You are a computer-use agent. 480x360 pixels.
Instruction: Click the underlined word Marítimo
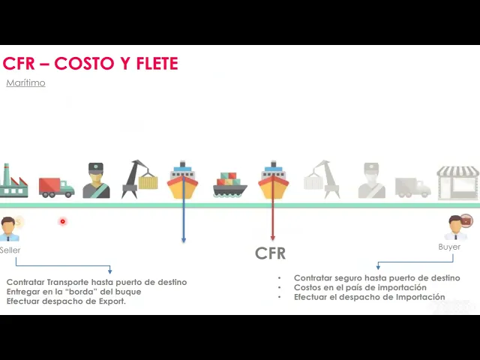(25, 83)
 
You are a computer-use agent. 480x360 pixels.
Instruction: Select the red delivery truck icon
(56, 187)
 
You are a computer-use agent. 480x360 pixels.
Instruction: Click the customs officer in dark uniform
(96, 181)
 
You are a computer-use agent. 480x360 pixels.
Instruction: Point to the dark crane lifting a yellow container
(140, 179)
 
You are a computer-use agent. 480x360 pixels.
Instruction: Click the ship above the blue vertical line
(183, 181)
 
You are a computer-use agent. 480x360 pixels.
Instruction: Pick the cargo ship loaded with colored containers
(229, 184)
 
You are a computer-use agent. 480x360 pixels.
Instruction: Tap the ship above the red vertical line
(273, 181)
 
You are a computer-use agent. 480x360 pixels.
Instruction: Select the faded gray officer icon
(371, 181)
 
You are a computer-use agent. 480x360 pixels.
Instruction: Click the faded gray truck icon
(412, 187)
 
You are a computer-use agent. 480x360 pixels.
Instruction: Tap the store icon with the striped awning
(457, 182)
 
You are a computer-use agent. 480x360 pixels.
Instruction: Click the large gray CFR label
(270, 253)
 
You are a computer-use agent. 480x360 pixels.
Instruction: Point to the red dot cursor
(62, 221)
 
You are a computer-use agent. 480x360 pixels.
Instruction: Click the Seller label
(10, 250)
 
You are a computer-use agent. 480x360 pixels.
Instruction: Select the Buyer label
(449, 247)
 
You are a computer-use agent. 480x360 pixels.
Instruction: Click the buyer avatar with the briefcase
(457, 226)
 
